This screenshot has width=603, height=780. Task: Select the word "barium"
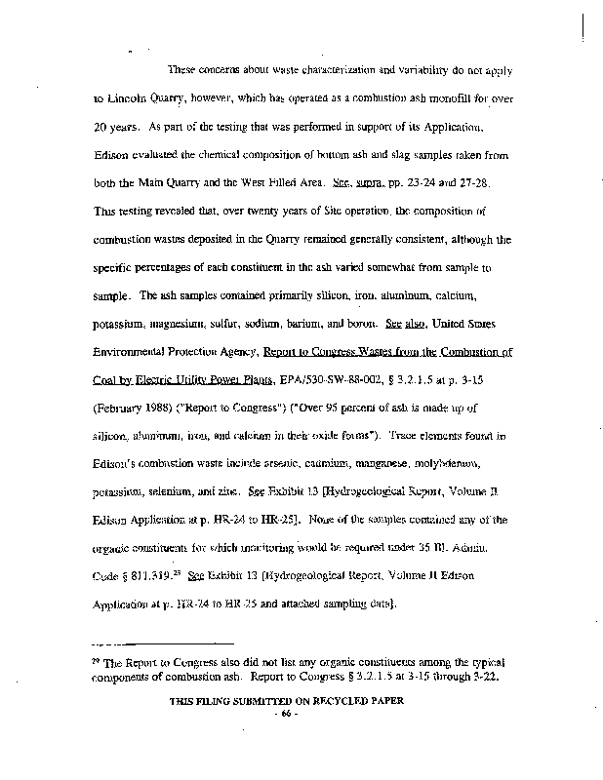[325, 295]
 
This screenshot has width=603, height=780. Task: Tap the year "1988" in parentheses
[159, 380]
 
